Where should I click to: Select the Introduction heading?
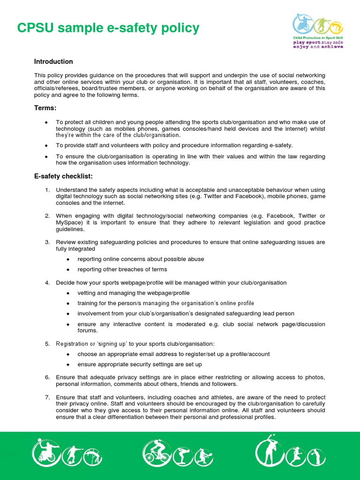53,61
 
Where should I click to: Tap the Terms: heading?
45,108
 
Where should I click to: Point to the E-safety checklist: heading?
63,176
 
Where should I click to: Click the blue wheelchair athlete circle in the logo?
303,23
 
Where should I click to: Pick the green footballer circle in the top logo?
321,25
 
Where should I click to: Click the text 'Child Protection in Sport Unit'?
318,37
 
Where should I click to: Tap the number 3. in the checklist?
47,242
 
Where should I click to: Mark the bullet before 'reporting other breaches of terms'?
68,270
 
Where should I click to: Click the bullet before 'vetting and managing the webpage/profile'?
68,293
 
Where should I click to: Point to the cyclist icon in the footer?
155,453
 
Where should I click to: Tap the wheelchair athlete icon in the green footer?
45,453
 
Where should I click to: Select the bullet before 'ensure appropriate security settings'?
68,364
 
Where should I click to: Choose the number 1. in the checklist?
47,189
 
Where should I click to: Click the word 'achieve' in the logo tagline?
332,47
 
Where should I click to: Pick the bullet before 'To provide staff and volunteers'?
46,145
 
